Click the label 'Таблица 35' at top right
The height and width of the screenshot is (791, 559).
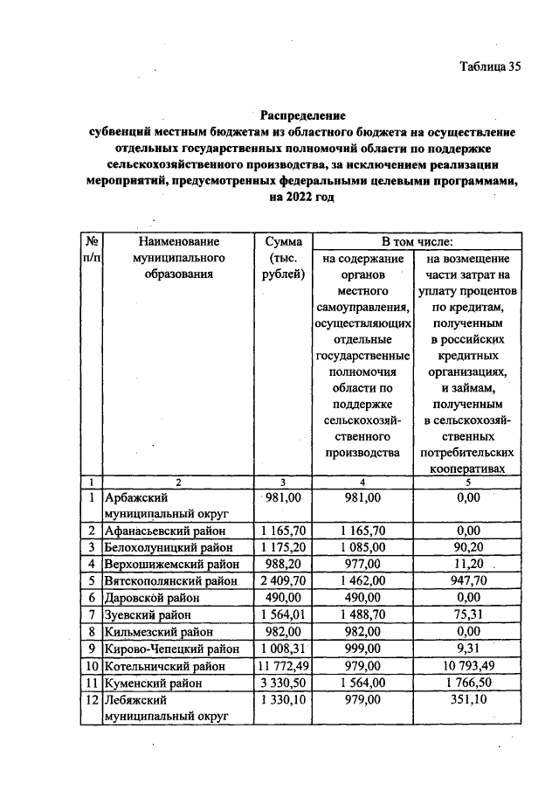point(489,69)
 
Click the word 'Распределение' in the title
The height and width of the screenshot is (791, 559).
point(303,115)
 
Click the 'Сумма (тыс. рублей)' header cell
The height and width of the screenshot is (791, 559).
point(283,259)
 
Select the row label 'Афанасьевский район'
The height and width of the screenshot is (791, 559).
point(164,531)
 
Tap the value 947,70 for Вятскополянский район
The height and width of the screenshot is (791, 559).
point(468,581)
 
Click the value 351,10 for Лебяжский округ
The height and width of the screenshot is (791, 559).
point(468,701)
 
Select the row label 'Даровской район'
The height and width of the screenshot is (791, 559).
point(151,599)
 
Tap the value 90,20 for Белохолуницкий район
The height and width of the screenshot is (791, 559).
point(468,547)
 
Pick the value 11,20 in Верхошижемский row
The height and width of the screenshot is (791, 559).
point(468,565)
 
